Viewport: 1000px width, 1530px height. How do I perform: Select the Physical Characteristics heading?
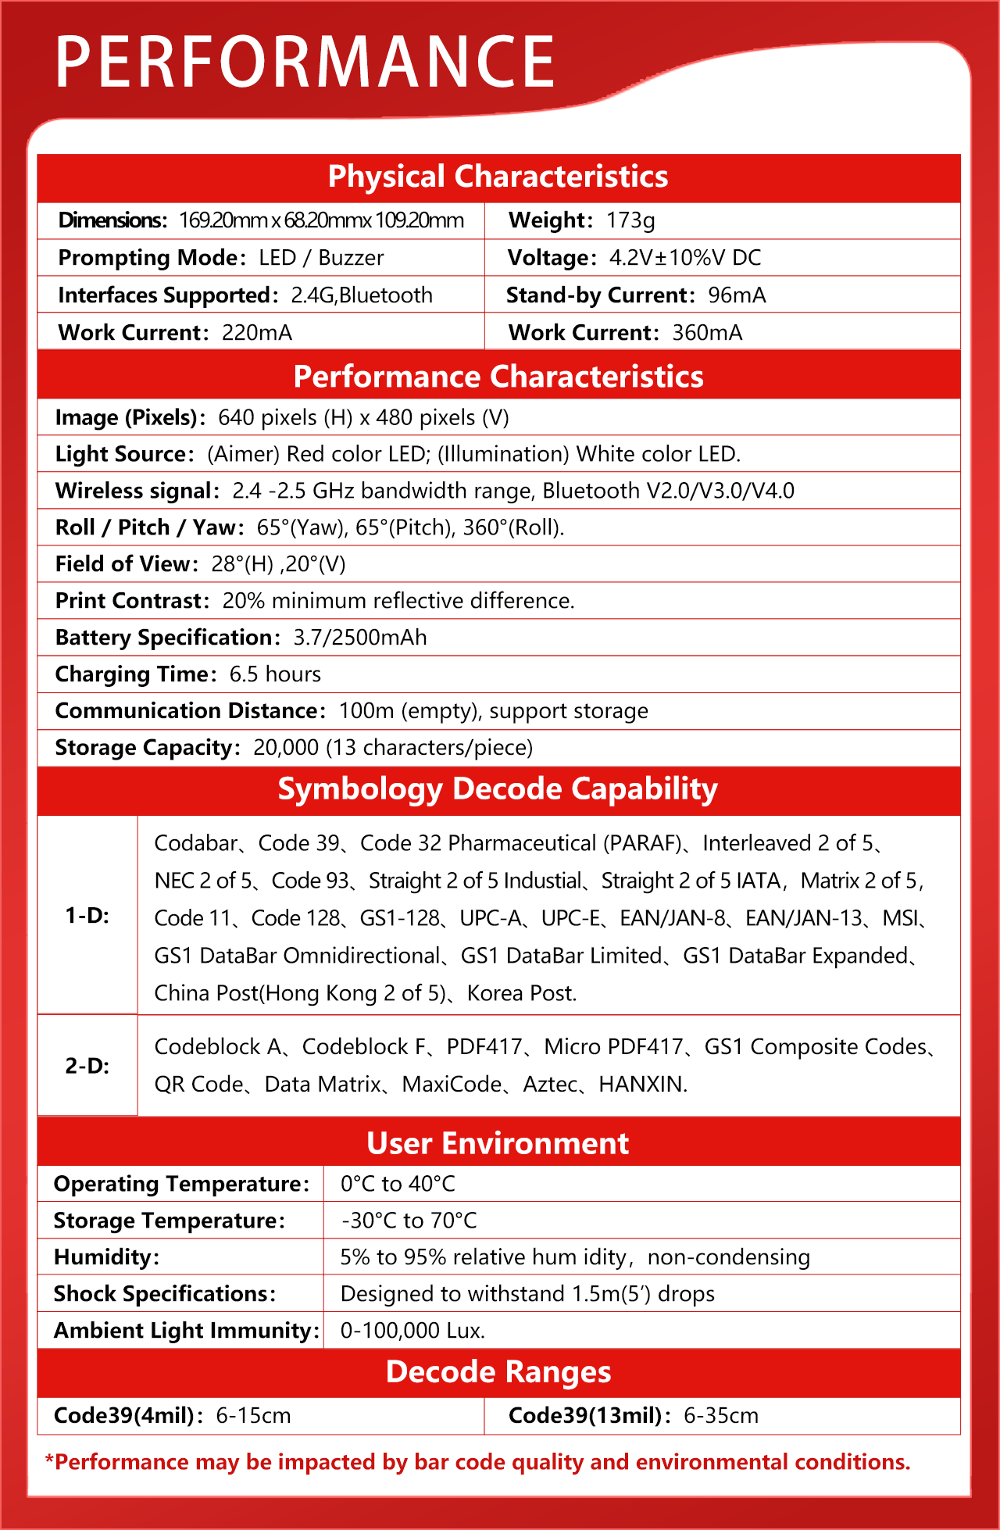coord(498,177)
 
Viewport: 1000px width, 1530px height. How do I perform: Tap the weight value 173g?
coord(630,220)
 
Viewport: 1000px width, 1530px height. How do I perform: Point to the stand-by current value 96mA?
coord(737,295)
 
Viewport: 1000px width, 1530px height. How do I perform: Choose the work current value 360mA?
coord(707,333)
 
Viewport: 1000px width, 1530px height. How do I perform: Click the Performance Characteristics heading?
coord(498,377)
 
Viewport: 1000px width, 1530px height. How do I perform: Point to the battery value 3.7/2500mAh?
coord(360,638)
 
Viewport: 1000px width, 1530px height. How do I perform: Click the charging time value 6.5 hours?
coord(275,674)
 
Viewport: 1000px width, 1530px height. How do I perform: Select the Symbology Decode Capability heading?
coord(498,789)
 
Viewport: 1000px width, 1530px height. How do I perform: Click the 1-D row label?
coord(87,915)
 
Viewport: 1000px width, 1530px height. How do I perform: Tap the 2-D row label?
coord(87,1066)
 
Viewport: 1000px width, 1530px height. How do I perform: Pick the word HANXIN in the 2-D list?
coord(642,1085)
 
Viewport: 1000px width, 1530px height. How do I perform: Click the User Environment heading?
coord(498,1143)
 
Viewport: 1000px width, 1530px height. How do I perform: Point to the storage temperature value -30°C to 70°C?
coord(409,1221)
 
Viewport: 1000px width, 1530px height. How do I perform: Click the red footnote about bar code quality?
coord(477,1462)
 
